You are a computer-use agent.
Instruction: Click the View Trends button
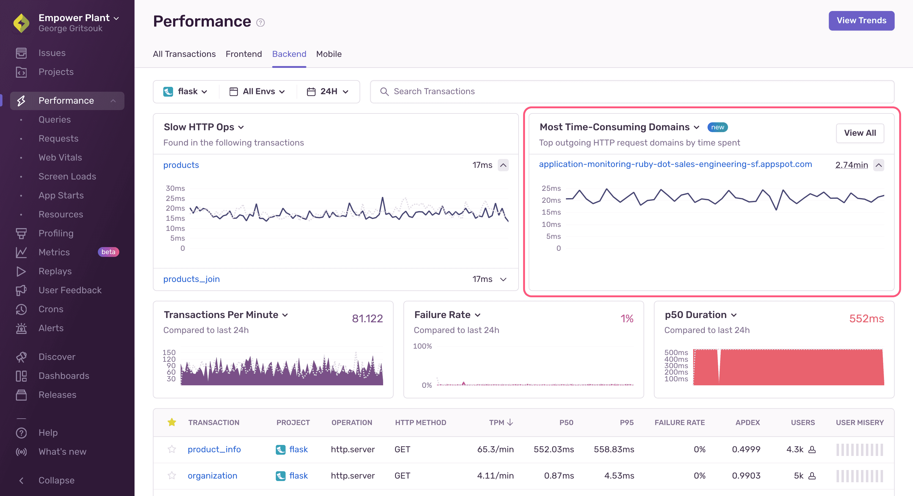[x=861, y=20]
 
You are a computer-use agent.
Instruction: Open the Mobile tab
[x=329, y=54]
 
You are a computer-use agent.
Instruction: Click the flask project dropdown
[x=185, y=91]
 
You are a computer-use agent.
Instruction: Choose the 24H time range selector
[x=328, y=91]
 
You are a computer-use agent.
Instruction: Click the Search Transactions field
[x=631, y=91]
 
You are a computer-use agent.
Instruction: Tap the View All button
[x=859, y=133]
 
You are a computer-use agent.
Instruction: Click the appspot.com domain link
[x=675, y=164]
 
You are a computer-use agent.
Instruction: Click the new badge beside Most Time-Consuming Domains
[x=717, y=127]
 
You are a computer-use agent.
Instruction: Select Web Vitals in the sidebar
[x=60, y=157]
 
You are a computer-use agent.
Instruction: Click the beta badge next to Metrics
[x=108, y=252]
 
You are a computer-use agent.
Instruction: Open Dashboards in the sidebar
[x=64, y=376]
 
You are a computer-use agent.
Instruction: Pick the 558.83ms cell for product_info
[x=614, y=450]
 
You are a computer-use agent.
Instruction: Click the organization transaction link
[x=212, y=476]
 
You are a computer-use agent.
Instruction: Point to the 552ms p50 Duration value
[x=866, y=318]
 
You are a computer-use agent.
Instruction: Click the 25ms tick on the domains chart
[x=551, y=188]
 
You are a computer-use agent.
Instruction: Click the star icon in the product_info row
[x=172, y=450]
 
